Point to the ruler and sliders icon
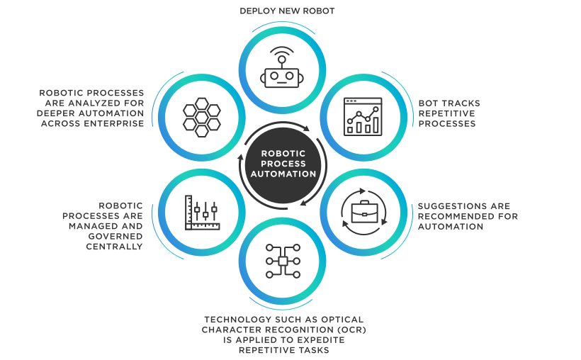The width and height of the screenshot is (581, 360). point(202,212)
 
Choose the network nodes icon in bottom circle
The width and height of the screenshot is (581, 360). point(282,261)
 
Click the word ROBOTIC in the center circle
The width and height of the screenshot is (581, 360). point(282,152)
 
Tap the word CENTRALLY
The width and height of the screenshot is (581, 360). point(114,247)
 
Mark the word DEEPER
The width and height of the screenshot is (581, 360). point(59,113)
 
